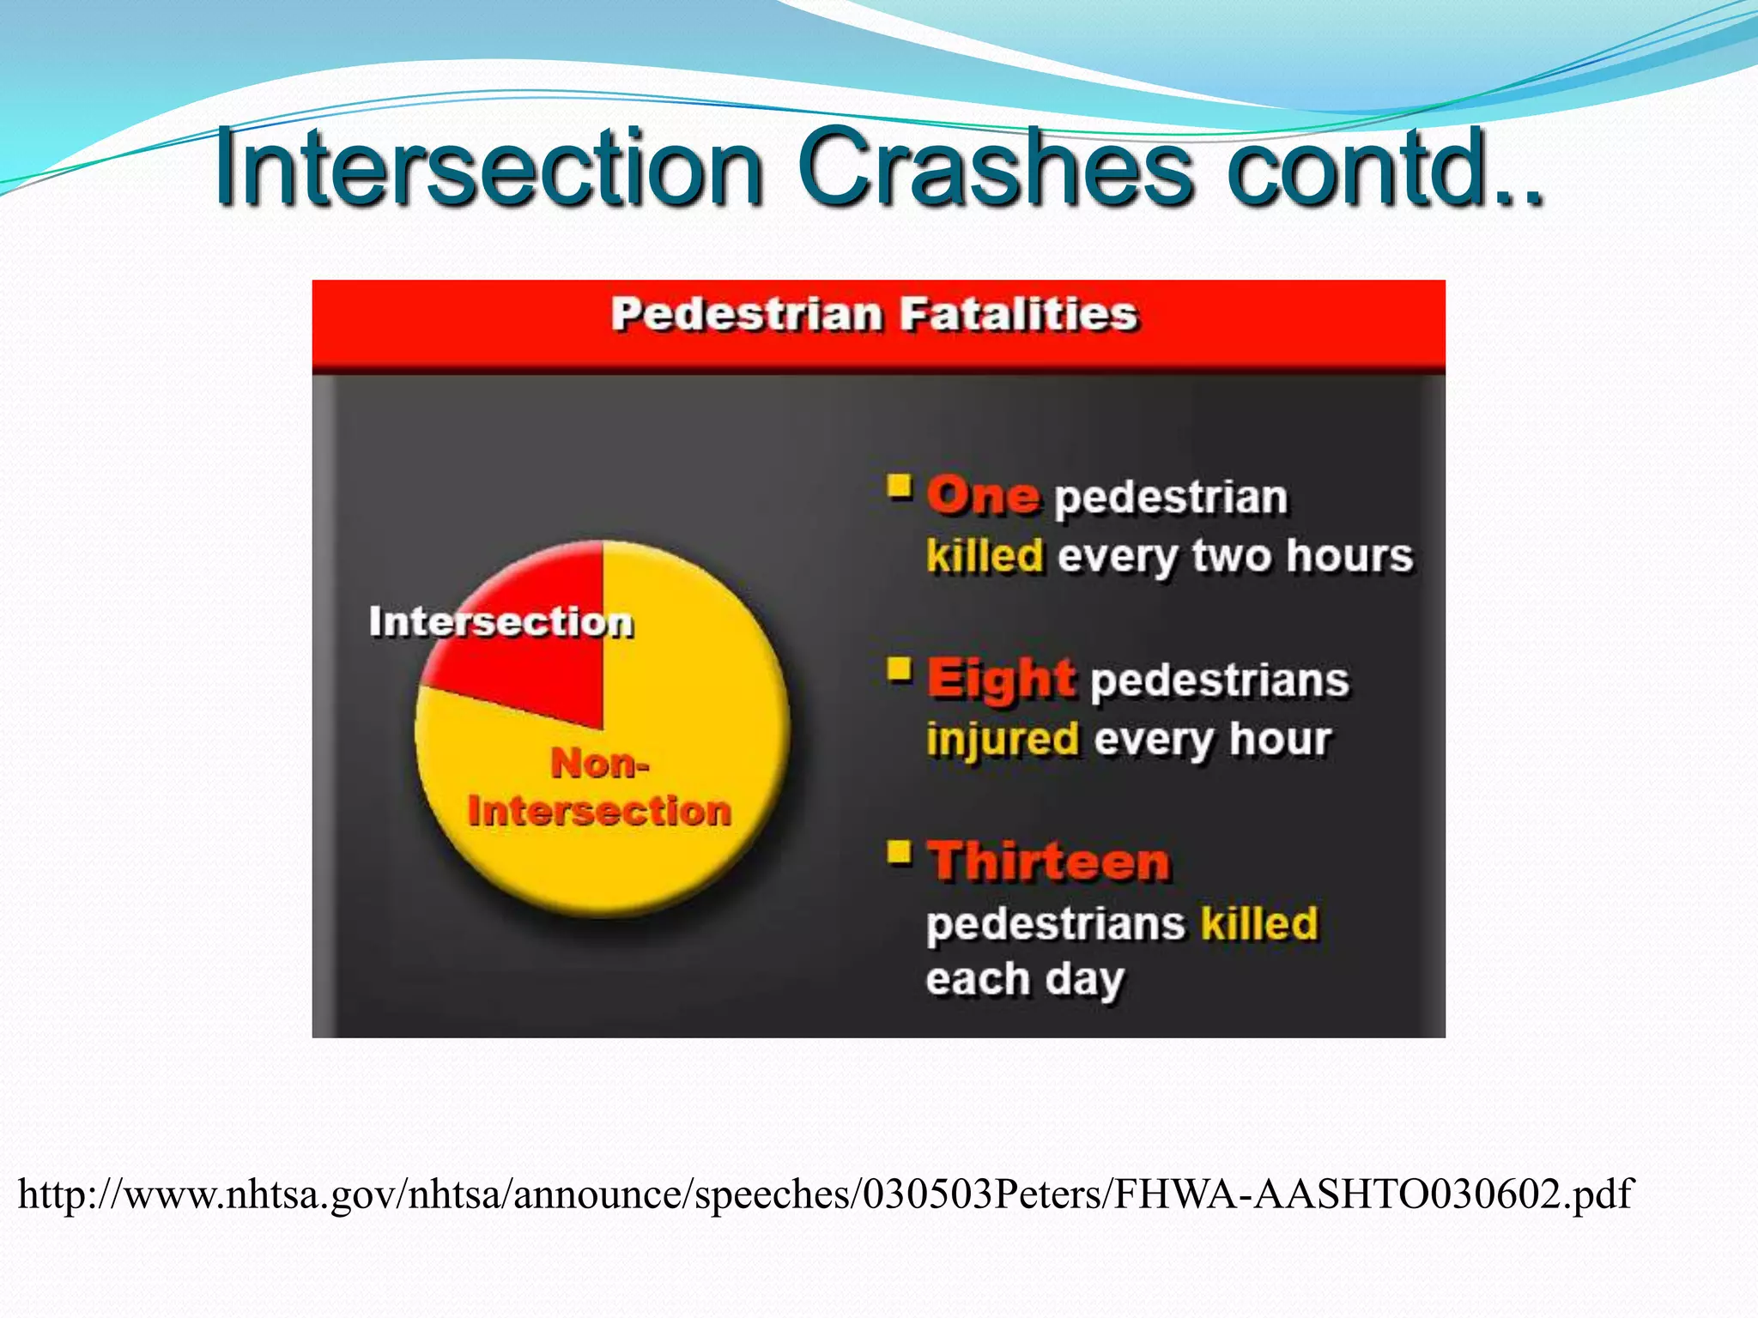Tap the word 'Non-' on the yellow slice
pyautogui.click(x=599, y=763)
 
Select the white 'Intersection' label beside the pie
pyautogui.click(x=500, y=622)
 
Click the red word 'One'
pyautogui.click(x=983, y=496)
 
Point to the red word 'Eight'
pyautogui.click(x=1000, y=679)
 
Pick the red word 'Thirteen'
pyautogui.click(x=1049, y=861)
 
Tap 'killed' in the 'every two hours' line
pyautogui.click(x=985, y=556)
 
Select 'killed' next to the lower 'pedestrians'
pyautogui.click(x=1258, y=923)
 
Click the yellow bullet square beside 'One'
pyautogui.click(x=899, y=487)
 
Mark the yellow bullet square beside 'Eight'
pyautogui.click(x=899, y=669)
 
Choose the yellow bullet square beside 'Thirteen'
pyautogui.click(x=899, y=852)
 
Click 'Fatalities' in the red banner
pyautogui.click(x=1018, y=314)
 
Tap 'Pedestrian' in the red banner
pyautogui.click(x=746, y=314)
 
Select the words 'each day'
pyautogui.click(x=1024, y=980)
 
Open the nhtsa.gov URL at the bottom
pyautogui.click(x=824, y=1194)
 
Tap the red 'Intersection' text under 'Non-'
pyautogui.click(x=599, y=811)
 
